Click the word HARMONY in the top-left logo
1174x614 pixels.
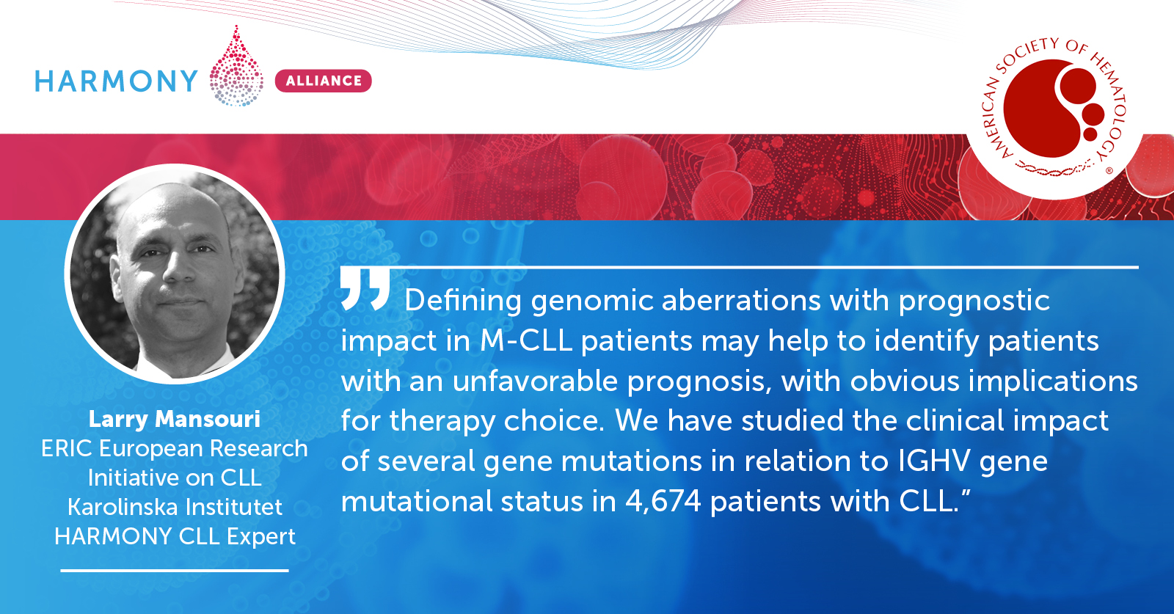116,81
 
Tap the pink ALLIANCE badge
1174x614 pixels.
324,81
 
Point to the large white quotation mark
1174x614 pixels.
365,289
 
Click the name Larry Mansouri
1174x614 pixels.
175,419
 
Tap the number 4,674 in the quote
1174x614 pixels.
663,501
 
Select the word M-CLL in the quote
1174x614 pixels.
525,340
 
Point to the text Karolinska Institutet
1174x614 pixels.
175,507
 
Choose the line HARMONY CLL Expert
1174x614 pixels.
175,536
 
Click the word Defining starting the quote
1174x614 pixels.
463,301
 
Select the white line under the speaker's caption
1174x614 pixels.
175,571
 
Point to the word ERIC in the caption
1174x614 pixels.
67,448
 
